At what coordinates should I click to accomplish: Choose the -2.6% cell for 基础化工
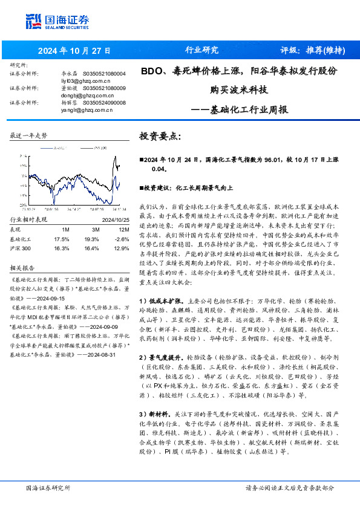click(x=123, y=239)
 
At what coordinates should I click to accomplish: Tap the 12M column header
click(x=124, y=230)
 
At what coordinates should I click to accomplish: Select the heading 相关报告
click(x=23, y=268)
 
